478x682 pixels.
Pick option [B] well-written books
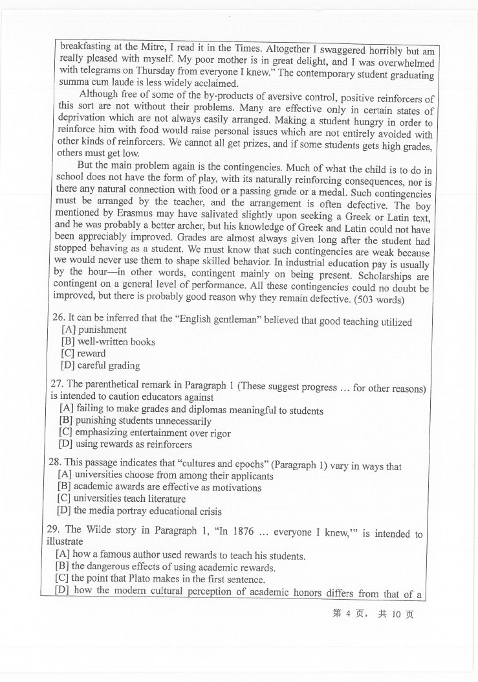click(107, 341)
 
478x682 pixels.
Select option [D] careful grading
click(100, 365)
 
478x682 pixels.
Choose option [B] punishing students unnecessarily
click(135, 421)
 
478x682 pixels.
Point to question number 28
click(55, 464)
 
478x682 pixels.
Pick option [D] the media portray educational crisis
click(140, 510)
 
